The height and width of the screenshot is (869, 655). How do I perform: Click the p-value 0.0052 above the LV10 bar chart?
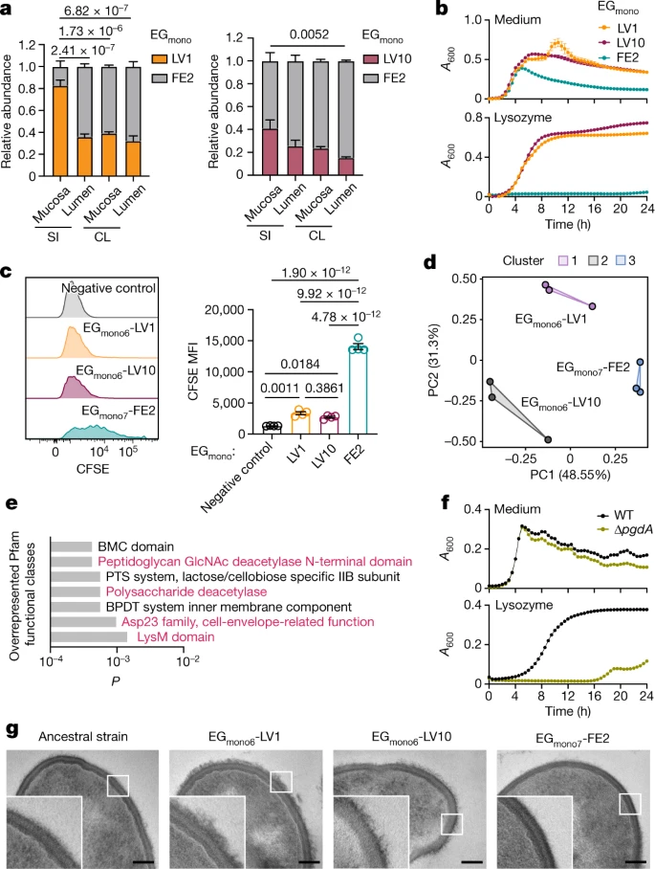click(309, 34)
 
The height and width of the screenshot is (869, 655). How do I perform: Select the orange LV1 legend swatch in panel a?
click(160, 58)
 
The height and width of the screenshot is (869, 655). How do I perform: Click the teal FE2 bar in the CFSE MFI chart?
click(358, 390)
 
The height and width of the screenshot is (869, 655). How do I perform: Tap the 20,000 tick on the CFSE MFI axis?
click(225, 309)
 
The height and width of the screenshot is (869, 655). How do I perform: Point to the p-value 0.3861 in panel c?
click(324, 388)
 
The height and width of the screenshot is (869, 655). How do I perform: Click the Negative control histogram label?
click(108, 288)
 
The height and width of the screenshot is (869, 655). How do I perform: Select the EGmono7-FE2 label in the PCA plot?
click(593, 368)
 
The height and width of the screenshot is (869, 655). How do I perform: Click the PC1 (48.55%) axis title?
click(570, 475)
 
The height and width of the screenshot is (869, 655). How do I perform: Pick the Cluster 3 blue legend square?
click(621, 260)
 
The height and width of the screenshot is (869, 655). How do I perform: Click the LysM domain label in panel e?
click(176, 636)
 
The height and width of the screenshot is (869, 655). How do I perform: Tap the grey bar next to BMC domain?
click(72, 547)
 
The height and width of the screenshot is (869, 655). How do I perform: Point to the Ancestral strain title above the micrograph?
click(83, 737)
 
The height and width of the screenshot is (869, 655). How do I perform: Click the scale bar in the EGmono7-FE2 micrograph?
click(636, 861)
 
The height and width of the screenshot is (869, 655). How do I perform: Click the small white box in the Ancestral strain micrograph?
click(118, 786)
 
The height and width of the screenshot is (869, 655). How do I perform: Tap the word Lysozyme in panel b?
click(523, 118)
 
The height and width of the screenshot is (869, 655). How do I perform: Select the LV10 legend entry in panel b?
click(623, 43)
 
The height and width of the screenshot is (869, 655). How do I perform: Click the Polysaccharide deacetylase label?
click(186, 591)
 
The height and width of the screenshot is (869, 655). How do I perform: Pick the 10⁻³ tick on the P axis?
click(118, 660)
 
